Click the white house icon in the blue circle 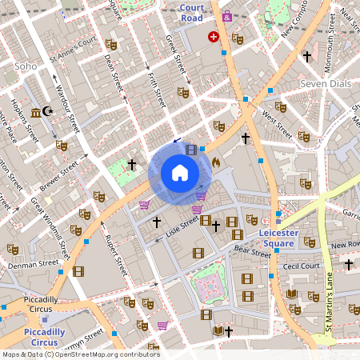click(180, 173)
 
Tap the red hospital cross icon click(214, 37)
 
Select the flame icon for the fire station click(216, 162)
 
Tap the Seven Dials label click(325, 83)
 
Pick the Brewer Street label click(58, 176)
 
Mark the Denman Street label click(33, 262)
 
